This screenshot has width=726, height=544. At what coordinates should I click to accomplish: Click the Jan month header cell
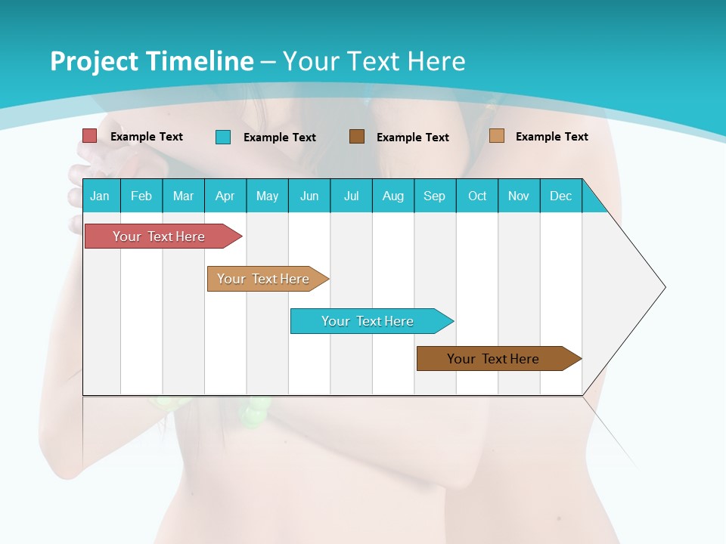[101, 196]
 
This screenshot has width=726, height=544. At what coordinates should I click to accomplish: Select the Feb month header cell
[141, 196]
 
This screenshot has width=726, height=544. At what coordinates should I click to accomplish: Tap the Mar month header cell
[183, 196]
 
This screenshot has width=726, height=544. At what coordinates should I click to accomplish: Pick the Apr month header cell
[225, 196]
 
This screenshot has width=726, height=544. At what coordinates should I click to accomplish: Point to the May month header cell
[267, 196]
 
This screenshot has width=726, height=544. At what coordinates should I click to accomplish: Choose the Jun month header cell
[309, 196]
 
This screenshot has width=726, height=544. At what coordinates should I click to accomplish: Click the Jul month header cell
[351, 196]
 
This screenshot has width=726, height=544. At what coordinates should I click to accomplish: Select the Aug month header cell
[393, 196]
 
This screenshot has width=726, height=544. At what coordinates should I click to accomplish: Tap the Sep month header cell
[435, 196]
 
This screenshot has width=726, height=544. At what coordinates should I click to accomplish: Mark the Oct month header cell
[477, 196]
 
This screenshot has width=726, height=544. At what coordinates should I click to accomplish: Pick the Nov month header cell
[519, 196]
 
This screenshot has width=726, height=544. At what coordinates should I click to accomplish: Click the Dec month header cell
[561, 196]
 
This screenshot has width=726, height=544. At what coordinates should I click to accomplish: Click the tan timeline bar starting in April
[265, 279]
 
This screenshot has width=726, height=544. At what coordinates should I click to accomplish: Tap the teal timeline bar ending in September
[369, 321]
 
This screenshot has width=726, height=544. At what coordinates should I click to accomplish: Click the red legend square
[90, 136]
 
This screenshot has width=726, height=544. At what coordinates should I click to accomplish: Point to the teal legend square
[223, 137]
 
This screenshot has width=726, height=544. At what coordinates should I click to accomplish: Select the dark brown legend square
[357, 136]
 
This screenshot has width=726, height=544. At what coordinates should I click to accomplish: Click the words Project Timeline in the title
[151, 61]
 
